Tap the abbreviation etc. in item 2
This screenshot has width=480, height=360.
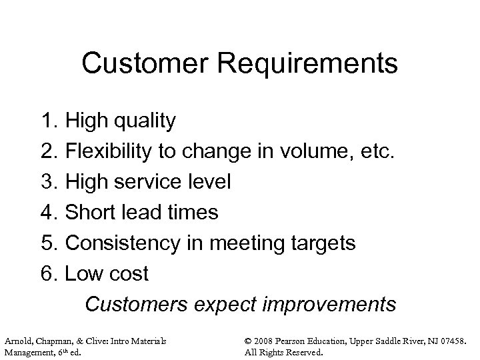[x=379, y=151]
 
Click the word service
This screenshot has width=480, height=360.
[x=153, y=182]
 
